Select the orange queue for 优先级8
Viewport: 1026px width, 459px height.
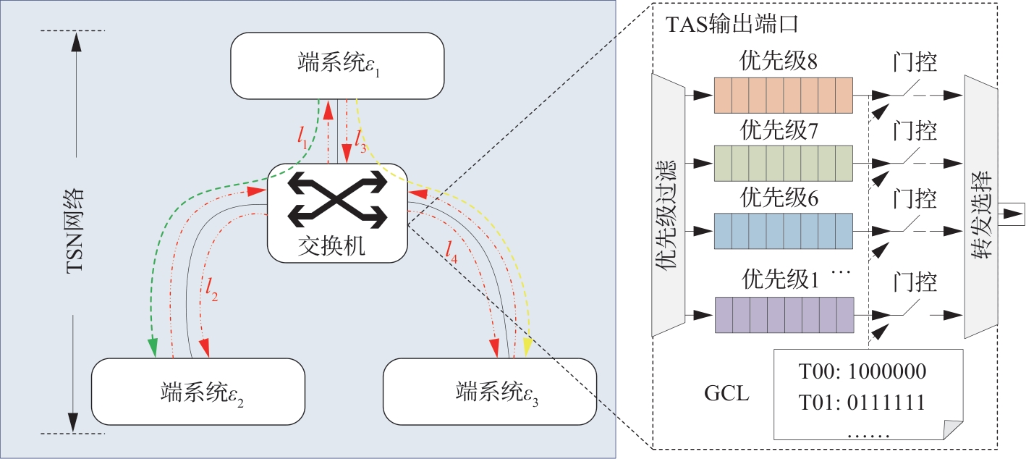[785, 96]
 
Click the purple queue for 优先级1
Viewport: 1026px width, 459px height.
[785, 314]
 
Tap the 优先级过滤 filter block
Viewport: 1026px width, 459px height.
[669, 206]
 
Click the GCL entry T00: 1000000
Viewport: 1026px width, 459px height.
[862, 373]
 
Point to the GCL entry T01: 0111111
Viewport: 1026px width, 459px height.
[862, 401]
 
